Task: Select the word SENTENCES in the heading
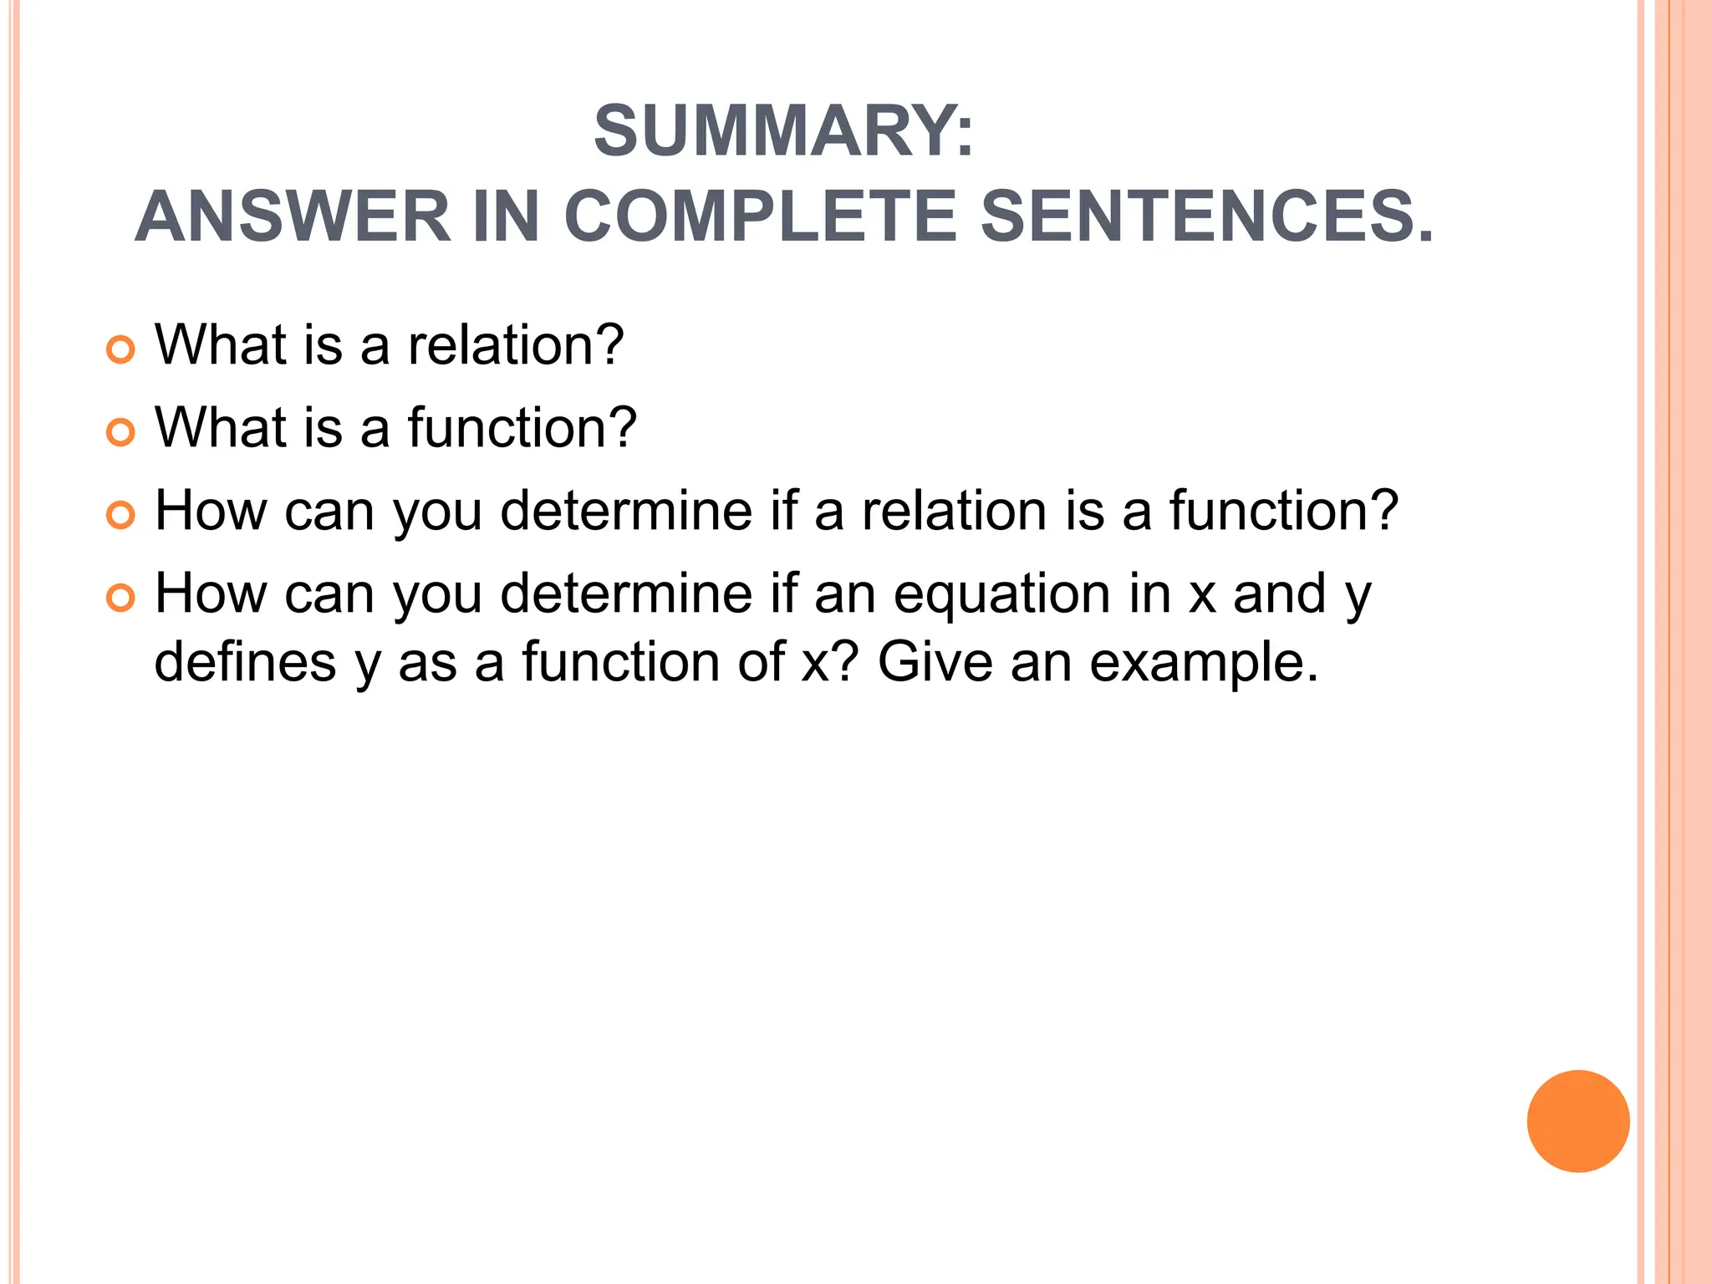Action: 1206,217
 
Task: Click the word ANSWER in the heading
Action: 293,217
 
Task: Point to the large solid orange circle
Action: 1577,1121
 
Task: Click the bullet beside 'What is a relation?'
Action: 121,349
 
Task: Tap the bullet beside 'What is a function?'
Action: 121,432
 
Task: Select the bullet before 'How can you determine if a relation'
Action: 121,515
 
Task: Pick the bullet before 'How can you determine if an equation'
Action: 121,598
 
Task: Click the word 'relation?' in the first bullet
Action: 516,344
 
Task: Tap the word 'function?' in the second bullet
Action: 522,427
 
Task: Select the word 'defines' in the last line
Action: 246,661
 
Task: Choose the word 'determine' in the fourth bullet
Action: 626,594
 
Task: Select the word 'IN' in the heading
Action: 506,217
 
